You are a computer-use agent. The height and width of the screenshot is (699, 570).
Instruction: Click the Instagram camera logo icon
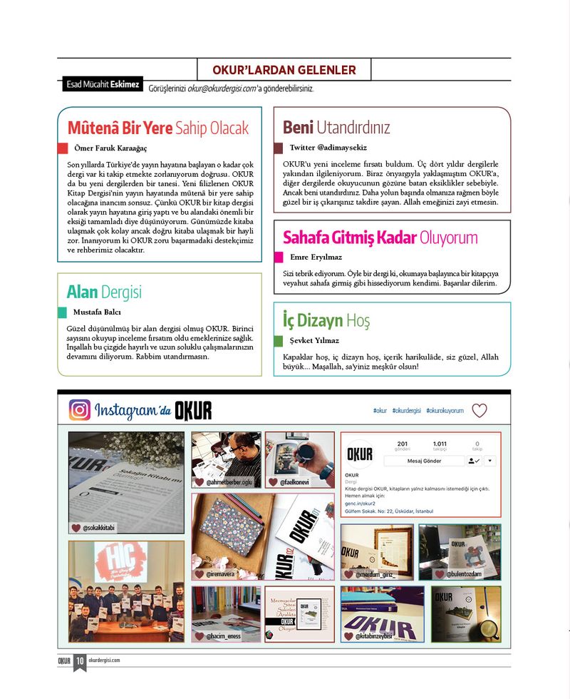point(80,410)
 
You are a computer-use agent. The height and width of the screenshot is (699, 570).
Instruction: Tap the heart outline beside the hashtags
point(480,411)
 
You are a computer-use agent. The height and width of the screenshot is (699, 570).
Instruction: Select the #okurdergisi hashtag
point(406,411)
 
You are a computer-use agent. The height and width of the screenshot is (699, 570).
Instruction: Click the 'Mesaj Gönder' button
point(424,461)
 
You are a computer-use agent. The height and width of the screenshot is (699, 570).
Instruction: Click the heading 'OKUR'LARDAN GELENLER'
point(284,70)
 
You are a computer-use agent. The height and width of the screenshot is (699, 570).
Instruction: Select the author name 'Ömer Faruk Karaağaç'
point(110,148)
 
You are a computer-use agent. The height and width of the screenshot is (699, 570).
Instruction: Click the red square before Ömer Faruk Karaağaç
point(63,148)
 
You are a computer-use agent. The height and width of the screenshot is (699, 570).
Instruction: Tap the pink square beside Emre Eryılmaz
point(278,257)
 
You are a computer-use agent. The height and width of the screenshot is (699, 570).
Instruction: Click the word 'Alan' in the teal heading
point(82,292)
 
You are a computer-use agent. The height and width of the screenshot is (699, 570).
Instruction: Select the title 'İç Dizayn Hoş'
point(326,320)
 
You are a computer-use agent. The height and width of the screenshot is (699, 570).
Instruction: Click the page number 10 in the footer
point(80,660)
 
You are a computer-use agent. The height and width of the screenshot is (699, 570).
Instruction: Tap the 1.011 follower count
point(440,444)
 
